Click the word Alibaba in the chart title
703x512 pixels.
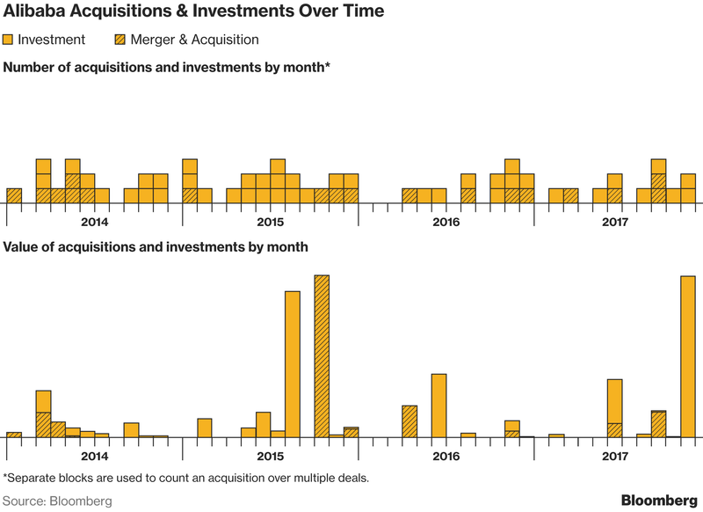point(33,11)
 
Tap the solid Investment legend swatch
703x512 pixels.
point(8,40)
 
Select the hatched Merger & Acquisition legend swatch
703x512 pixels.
point(120,40)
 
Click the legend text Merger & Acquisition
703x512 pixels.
point(194,40)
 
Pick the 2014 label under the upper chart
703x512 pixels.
point(95,222)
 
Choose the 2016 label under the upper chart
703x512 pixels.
point(446,222)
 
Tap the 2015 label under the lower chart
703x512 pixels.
point(271,457)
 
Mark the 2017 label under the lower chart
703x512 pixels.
point(615,457)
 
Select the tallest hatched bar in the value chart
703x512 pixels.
point(322,356)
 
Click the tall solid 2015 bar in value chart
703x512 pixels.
point(293,364)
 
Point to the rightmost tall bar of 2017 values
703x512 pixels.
point(688,357)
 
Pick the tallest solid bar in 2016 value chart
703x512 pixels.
point(438,406)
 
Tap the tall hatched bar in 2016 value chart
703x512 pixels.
point(409,421)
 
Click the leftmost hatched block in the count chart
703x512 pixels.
point(14,196)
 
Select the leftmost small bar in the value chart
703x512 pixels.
point(14,435)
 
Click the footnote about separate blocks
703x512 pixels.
point(186,478)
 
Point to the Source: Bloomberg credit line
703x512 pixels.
point(57,501)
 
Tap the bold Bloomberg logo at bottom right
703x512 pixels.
point(660,501)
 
